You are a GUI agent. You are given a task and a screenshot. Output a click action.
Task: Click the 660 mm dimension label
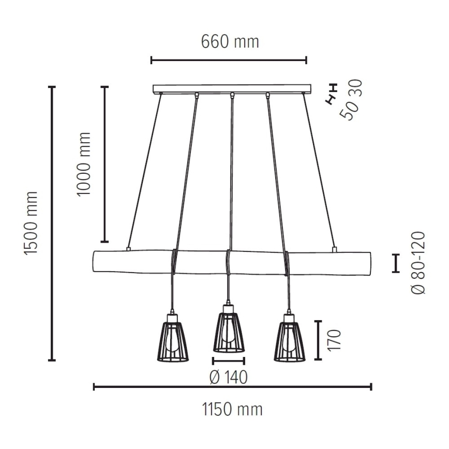[230, 41]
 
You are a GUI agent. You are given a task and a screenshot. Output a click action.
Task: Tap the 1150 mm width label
[232, 410]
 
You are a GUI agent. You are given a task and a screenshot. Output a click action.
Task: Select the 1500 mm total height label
[31, 223]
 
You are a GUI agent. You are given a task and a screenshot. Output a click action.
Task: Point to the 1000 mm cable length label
[84, 164]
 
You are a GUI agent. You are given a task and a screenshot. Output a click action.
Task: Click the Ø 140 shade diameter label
[228, 377]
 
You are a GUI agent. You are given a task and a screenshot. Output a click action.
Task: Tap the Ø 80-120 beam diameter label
[418, 263]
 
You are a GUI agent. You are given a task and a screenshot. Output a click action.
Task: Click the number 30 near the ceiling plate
[356, 89]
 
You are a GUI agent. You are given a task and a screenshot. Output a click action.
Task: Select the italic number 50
[349, 111]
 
